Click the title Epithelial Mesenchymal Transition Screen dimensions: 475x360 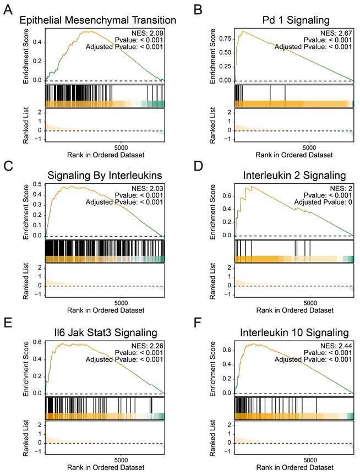point(98,21)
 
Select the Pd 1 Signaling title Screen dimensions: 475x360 point(296,21)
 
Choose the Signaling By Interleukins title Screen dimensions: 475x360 point(98,176)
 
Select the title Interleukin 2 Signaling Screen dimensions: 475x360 point(296,176)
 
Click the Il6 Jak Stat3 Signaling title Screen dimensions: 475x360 point(98,332)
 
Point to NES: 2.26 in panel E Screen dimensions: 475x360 point(146,343)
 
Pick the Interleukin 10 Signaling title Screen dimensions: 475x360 point(296,332)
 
